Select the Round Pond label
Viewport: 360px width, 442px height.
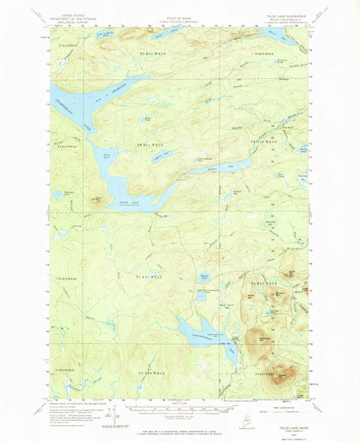(x=107, y=155)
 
